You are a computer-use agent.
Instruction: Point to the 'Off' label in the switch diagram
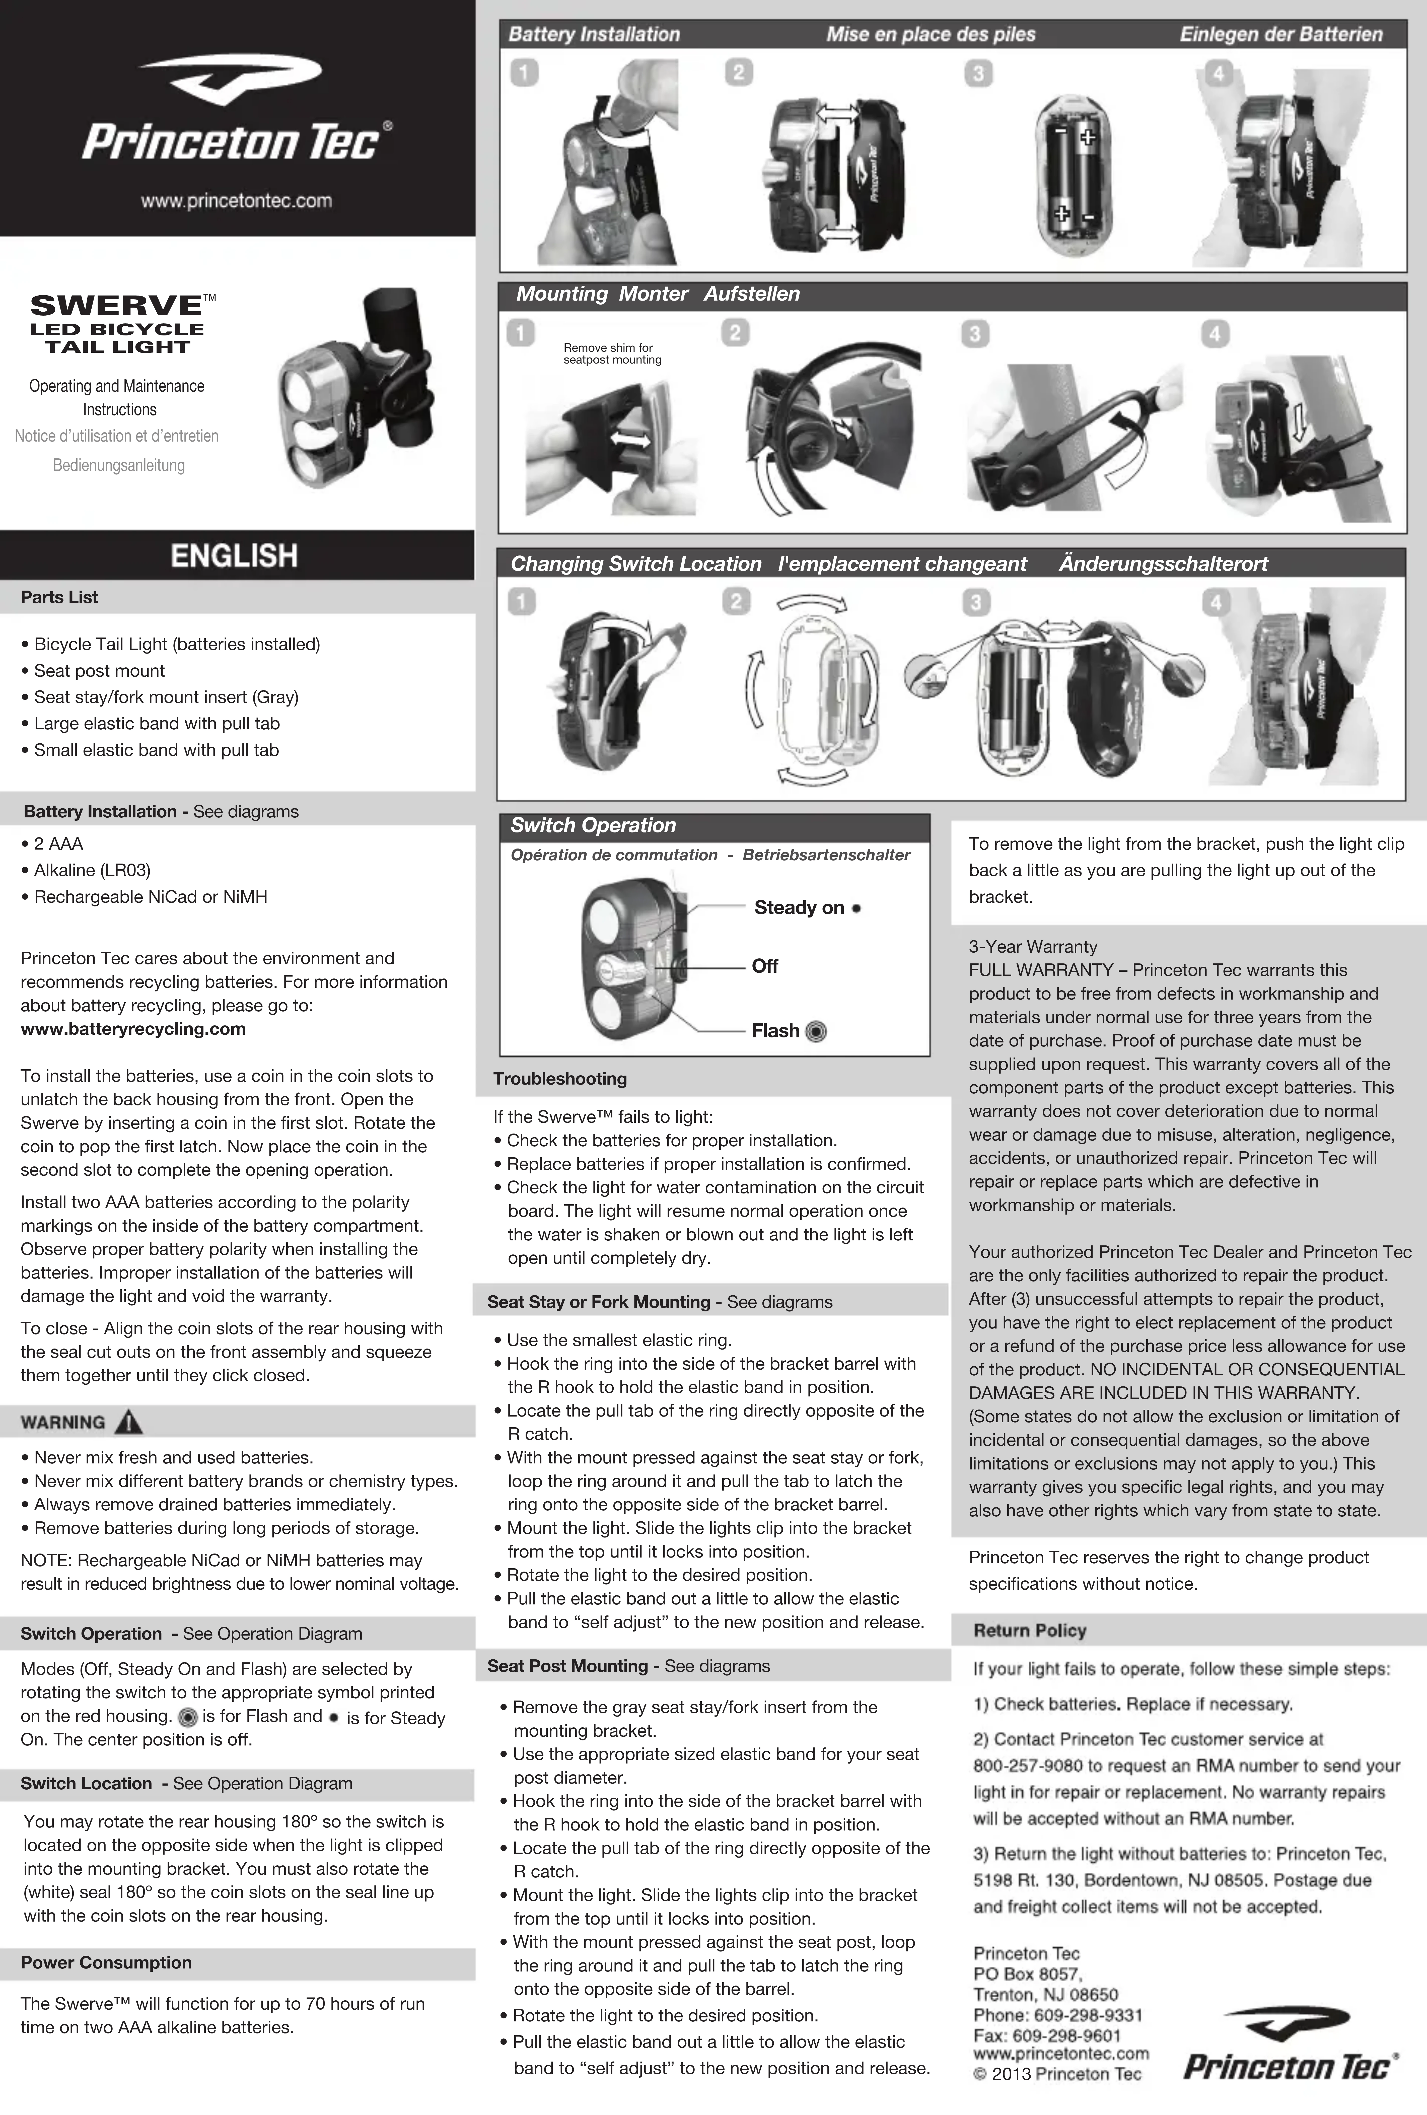(764, 966)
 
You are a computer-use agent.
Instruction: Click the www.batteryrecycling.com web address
(133, 1029)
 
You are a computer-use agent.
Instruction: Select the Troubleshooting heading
(560, 1078)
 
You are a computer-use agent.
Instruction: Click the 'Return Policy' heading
(1029, 1630)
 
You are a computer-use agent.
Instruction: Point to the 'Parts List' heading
(59, 597)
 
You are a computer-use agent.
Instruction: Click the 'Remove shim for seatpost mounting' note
(612, 353)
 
